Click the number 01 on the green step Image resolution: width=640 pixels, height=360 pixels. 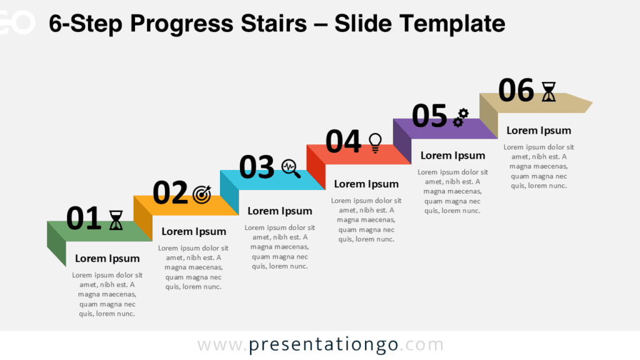[83, 219]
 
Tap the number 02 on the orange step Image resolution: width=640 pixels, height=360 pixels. [170, 192]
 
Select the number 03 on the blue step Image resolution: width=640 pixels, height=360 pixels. [257, 167]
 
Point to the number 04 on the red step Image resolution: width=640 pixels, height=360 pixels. [343, 141]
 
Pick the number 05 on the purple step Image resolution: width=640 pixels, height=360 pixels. [429, 116]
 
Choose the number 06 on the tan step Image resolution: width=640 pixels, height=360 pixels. [516, 91]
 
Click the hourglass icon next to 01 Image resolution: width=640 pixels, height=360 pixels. [116, 220]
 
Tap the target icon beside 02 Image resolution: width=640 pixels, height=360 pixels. [202, 194]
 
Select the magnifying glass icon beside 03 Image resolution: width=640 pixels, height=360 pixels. [291, 168]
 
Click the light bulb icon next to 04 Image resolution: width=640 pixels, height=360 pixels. [375, 142]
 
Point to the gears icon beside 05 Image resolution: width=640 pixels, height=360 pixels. [461, 117]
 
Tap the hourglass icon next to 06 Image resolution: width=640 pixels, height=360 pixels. [548, 91]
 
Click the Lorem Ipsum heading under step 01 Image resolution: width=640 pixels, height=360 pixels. [107, 258]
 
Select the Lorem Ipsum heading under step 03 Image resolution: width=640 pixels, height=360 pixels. [280, 211]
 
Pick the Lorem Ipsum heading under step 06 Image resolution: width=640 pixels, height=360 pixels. [539, 130]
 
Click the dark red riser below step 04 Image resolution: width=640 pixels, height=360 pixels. [316, 166]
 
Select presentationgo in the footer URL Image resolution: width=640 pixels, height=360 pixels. [324, 344]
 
